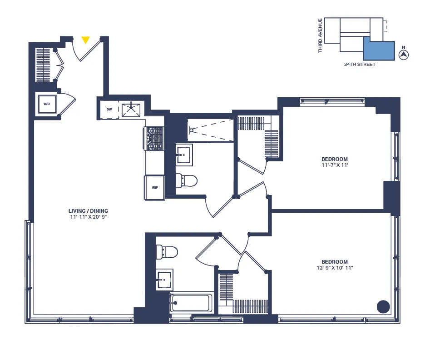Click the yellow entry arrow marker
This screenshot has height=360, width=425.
point(85,40)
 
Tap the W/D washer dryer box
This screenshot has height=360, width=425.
point(47,104)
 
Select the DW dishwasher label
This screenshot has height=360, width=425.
point(109,109)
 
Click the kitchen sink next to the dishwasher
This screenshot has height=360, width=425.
point(131,109)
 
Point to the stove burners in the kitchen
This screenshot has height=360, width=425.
point(154,138)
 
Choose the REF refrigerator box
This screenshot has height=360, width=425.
point(154,187)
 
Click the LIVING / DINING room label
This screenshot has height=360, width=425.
point(88,211)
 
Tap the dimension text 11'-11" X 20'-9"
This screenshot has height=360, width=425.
point(88,217)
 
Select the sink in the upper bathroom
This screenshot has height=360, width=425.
point(184,155)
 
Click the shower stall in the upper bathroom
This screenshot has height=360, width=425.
point(211,130)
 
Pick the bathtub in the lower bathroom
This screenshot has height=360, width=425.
point(191,303)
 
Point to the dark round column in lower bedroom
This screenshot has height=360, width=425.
point(383,306)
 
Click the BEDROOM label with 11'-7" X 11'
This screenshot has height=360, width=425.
point(335,159)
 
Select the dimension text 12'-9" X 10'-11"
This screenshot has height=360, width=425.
point(335,268)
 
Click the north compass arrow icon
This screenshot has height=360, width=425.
point(403,55)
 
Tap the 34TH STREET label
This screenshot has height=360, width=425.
point(360,65)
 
